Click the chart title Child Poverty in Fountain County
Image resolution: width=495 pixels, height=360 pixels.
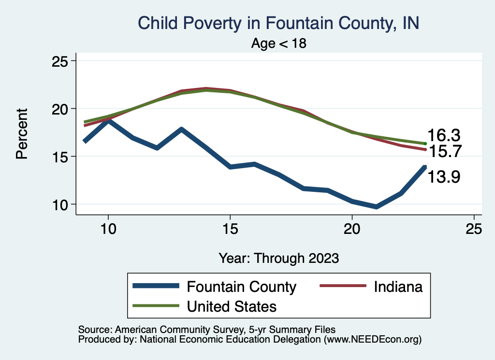point(278,23)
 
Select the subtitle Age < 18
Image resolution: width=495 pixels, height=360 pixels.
point(279,43)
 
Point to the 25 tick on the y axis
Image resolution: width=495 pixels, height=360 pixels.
point(61,61)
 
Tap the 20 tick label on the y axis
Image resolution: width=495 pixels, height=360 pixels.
point(61,109)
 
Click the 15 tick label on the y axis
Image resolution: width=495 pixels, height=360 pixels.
point(61,157)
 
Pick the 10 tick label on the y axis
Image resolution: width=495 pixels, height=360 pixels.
point(61,204)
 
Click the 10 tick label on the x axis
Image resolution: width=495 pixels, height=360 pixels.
point(108,229)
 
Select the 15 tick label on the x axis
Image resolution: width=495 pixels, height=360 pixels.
point(230,229)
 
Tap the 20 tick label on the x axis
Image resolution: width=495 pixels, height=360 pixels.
point(352,229)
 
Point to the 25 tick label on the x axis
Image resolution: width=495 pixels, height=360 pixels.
point(474,229)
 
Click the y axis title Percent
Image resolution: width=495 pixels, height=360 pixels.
point(21,133)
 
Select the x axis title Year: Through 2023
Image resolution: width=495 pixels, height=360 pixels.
point(278,258)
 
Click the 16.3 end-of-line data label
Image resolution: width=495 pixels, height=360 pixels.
point(443,135)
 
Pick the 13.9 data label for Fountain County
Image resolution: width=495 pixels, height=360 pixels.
point(443,177)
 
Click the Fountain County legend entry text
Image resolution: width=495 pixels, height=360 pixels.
point(241,287)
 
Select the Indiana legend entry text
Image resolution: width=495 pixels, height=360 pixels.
point(398,287)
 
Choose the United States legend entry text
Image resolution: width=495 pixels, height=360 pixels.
point(232,306)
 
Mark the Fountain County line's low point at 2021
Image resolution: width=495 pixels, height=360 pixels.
point(377,206)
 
